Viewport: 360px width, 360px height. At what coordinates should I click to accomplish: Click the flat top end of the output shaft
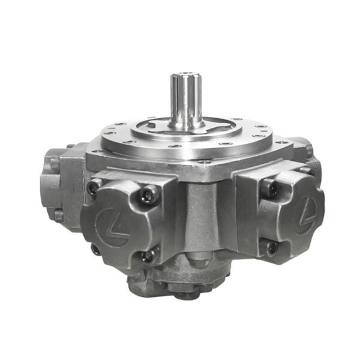pos(185,75)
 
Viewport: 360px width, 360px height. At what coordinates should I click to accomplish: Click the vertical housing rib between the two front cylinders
pos(201,222)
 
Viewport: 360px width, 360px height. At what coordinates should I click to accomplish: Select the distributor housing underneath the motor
pos(180,282)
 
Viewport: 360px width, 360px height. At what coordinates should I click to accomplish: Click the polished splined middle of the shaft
pos(185,99)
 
